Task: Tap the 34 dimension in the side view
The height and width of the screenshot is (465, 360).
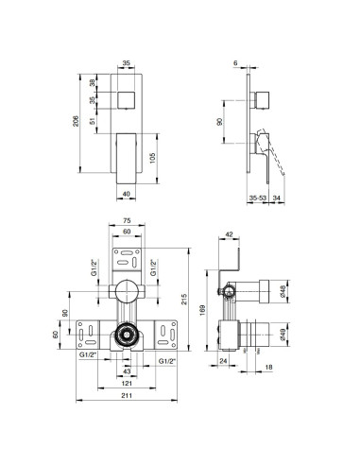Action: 276,197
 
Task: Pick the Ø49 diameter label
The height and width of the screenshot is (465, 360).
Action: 289,332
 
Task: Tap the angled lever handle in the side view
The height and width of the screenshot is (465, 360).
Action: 270,151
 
